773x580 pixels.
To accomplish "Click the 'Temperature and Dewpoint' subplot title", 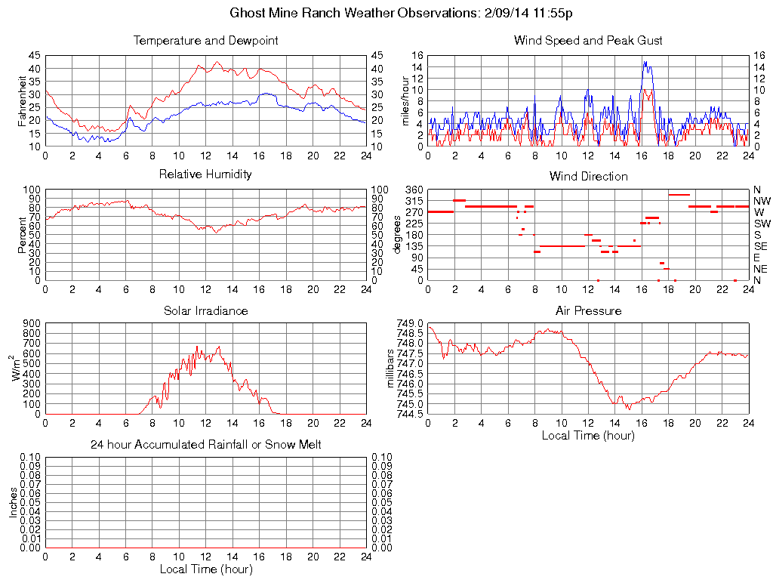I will click(205, 41).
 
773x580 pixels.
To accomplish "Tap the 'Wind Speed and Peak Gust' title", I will click(588, 41).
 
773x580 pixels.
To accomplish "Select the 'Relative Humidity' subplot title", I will click(205, 174).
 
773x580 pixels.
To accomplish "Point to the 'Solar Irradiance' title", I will click(205, 311).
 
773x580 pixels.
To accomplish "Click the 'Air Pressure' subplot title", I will click(588, 311).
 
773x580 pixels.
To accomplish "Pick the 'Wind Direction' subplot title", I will click(588, 177).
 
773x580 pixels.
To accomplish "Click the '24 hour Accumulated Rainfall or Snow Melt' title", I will click(205, 445).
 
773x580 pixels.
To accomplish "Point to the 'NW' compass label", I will click(761, 201).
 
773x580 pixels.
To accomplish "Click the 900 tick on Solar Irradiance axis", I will click(32, 323).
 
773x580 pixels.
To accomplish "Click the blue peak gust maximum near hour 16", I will click(645, 62).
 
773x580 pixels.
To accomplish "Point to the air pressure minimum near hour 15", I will click(628, 409).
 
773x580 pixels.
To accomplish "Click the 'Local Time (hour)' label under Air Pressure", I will click(588, 435).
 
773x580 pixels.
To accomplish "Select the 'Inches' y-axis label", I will click(14, 502).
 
